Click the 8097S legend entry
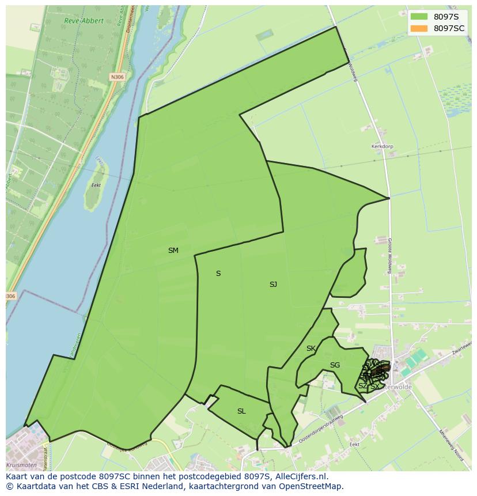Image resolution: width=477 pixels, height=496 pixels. [445, 17]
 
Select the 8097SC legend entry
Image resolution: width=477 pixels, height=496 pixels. [449, 28]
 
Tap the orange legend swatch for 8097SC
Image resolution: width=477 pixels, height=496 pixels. [419, 28]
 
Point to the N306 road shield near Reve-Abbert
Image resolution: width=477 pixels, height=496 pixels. [118, 77]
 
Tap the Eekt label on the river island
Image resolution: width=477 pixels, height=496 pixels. [96, 186]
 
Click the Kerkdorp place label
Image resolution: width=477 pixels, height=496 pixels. [382, 147]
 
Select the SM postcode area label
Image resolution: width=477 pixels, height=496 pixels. [173, 251]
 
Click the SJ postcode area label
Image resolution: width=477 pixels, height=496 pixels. [273, 285]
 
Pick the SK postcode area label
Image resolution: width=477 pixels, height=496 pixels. [311, 349]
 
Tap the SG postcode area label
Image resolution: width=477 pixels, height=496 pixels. [335, 365]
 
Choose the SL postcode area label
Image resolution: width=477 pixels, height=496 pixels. [241, 411]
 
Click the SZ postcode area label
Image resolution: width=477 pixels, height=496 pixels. [362, 386]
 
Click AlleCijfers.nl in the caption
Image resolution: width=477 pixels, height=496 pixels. [301, 476]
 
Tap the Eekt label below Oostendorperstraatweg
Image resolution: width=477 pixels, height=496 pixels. [354, 444]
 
